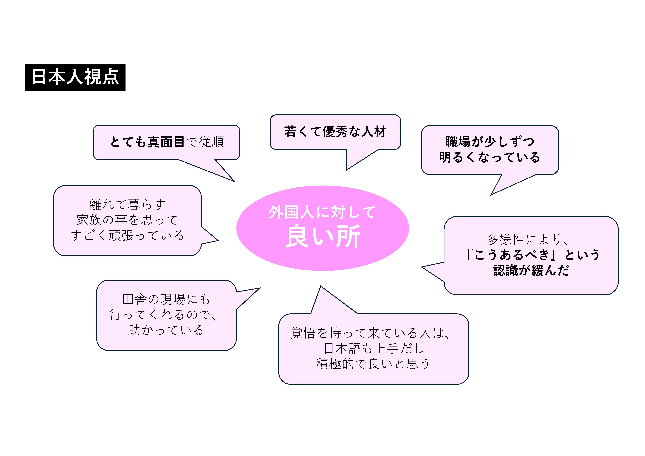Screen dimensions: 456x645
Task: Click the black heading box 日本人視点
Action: click(x=75, y=77)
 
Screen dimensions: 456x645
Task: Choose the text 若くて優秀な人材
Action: click(x=335, y=131)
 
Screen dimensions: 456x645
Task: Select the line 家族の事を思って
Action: click(x=127, y=220)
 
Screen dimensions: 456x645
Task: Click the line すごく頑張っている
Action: click(x=127, y=235)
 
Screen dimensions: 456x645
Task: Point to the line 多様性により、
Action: click(x=528, y=239)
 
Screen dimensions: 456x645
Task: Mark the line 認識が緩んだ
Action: click(x=531, y=270)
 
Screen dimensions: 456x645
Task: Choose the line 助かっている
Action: click(x=166, y=330)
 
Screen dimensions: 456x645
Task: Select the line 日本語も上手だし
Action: click(x=374, y=348)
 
